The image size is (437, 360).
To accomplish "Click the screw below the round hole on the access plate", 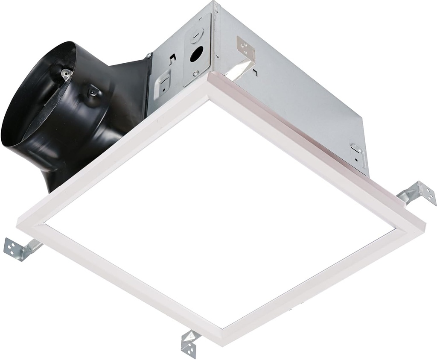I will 195,73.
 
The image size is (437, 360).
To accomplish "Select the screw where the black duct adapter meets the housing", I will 149,56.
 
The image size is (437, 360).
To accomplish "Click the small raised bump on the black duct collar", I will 92,90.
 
